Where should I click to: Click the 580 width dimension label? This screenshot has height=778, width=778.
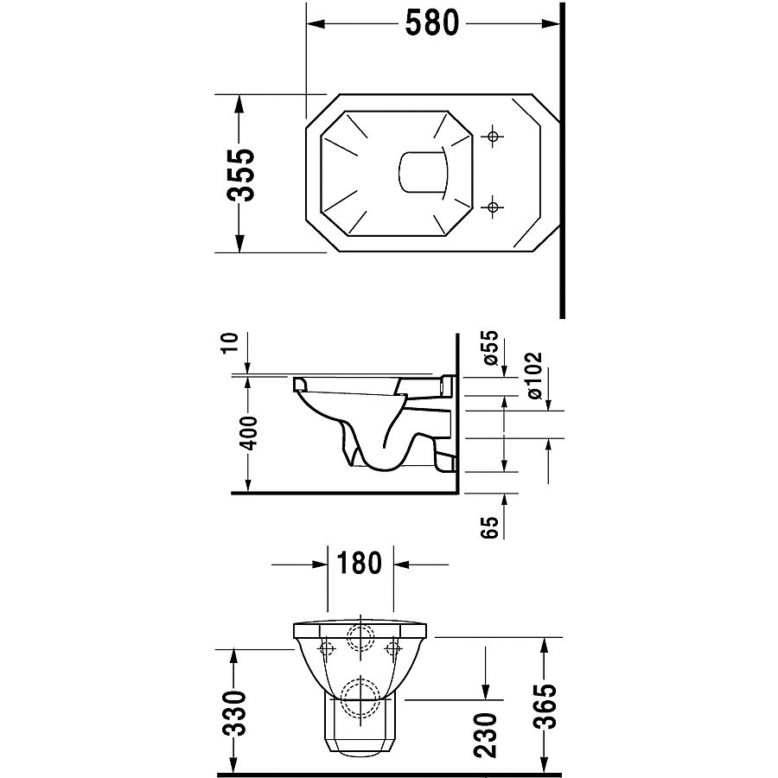point(431,22)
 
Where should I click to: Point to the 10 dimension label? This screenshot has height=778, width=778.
point(231,342)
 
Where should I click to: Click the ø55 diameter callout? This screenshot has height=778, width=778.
point(489,348)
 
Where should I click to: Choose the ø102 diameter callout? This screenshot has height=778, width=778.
point(534,375)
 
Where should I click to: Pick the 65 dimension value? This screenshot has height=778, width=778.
point(489,527)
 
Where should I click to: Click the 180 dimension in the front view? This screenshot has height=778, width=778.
point(360,563)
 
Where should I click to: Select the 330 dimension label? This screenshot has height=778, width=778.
point(233,712)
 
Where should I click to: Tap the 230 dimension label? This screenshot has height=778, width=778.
point(485,735)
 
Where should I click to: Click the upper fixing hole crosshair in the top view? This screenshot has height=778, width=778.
point(493,136)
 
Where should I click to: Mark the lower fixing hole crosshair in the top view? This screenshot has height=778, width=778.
point(493,207)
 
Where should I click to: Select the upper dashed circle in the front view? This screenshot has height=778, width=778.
point(360,637)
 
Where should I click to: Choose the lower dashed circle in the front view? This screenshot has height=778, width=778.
point(360,698)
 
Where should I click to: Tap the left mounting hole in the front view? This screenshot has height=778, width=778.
point(327,648)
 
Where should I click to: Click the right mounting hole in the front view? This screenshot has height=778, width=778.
point(393,648)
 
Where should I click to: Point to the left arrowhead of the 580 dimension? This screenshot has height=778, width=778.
point(316,23)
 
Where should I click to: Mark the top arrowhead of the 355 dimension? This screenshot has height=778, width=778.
point(239,105)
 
